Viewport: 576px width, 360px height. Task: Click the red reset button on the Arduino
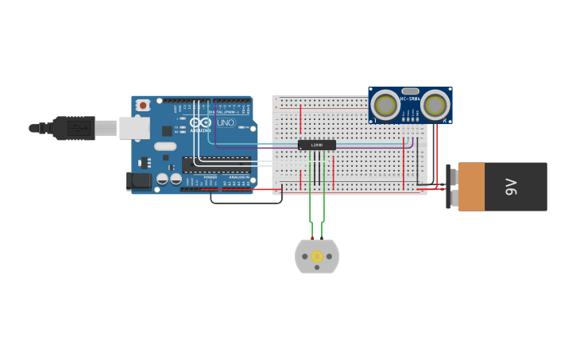[x=143, y=105]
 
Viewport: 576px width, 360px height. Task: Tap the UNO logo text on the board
[x=226, y=123]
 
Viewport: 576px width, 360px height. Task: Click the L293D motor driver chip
[x=317, y=145]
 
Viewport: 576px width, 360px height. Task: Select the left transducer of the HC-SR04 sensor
[x=386, y=106]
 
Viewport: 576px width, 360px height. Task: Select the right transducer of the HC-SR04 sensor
[x=435, y=106]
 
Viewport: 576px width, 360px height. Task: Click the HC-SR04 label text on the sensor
[x=410, y=99]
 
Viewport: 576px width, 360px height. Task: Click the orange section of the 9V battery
[x=471, y=187]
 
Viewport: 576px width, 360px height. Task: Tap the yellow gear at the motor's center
[x=317, y=257]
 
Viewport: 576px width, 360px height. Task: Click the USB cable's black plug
[x=75, y=128]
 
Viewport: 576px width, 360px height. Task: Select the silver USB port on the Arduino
[x=134, y=128]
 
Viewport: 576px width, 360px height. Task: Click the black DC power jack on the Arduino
[x=140, y=181]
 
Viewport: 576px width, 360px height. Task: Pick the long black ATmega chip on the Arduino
[x=216, y=165]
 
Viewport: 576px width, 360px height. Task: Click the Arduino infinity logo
[x=200, y=123]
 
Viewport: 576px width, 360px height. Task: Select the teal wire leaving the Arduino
[x=238, y=145]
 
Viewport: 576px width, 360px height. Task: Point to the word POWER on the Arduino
[x=210, y=177]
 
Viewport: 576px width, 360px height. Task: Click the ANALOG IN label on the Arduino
[x=238, y=177]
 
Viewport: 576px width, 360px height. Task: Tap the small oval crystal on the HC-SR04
[x=410, y=91]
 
